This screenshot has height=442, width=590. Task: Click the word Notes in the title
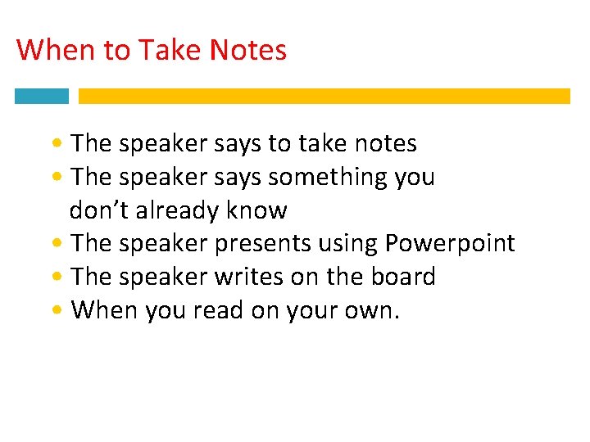(x=248, y=51)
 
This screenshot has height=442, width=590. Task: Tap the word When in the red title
(x=56, y=51)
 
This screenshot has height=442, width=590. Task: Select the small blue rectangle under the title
(x=42, y=96)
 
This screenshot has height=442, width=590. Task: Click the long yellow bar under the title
(x=324, y=96)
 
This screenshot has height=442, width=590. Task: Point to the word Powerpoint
(x=450, y=244)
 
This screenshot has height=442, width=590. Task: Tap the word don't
(x=98, y=210)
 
